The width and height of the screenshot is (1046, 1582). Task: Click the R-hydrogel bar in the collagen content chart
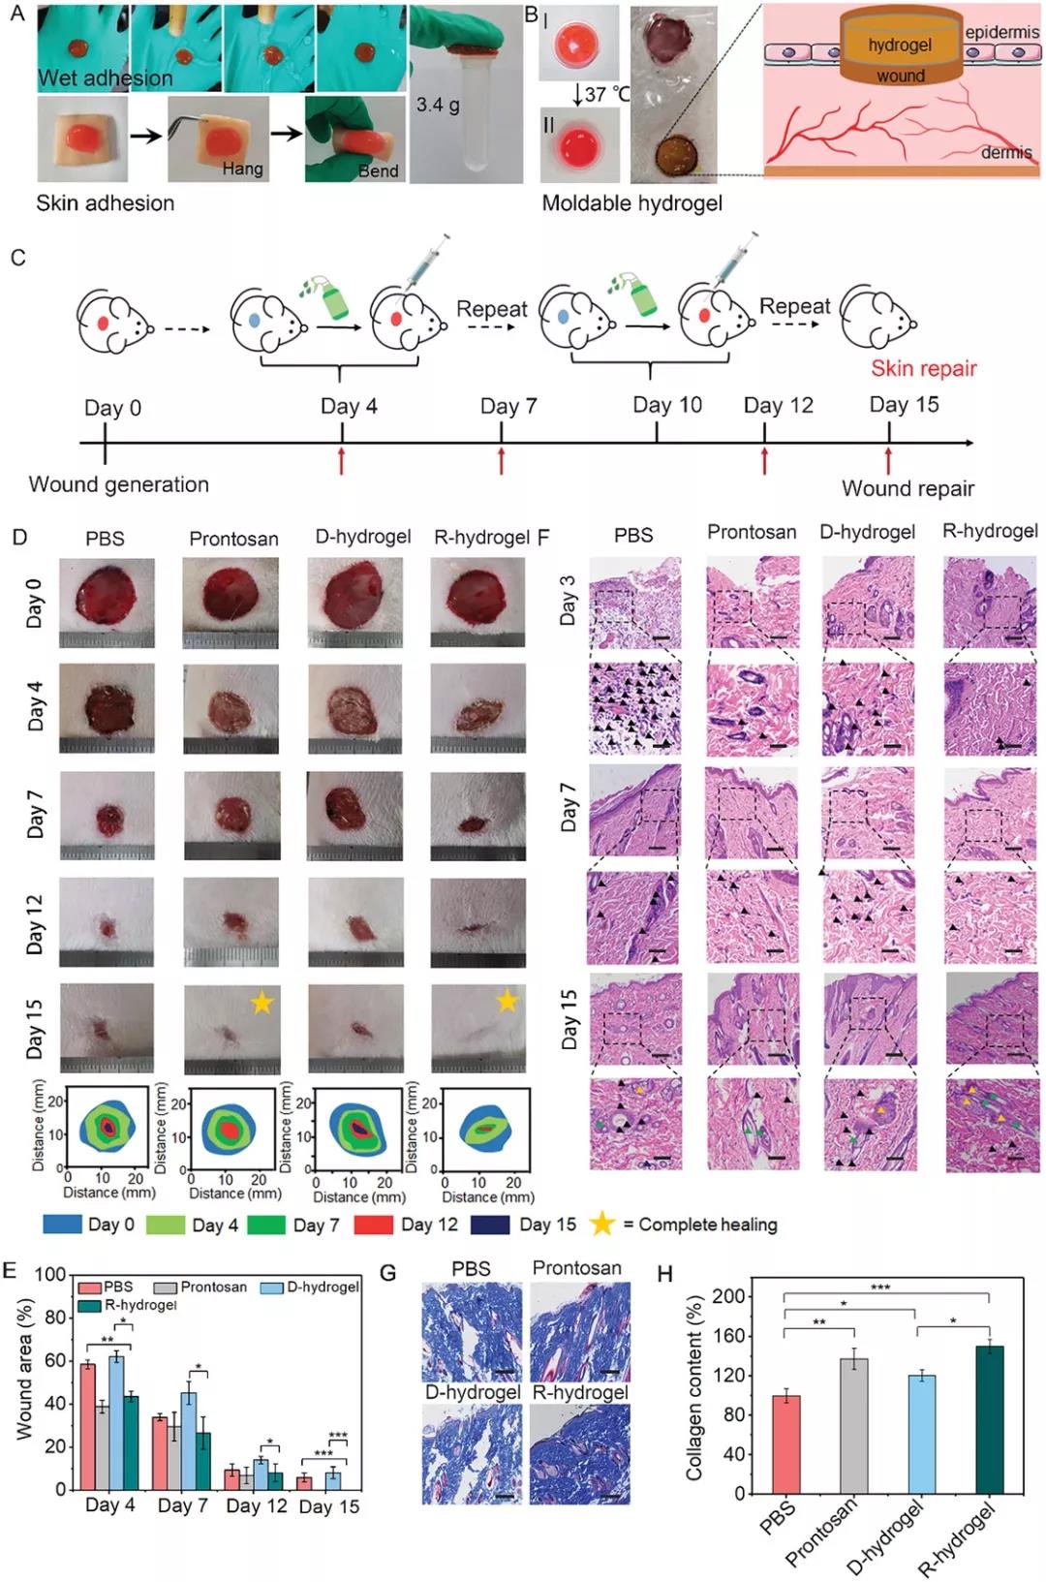989,1419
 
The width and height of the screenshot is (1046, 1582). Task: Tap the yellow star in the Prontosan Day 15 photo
261,1003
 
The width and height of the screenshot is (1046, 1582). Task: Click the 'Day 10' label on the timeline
667,404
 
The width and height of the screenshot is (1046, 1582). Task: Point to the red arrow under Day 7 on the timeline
501,460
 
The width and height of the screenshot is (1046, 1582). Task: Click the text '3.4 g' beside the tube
438,104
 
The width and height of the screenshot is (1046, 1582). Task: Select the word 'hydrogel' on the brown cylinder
900,45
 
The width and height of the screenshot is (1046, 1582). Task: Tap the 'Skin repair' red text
923,368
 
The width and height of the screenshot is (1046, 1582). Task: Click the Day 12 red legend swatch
373,1225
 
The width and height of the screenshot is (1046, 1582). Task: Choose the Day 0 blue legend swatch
61,1225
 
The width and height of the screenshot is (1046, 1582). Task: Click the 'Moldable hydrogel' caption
631,203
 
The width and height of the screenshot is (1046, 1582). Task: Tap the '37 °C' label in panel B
607,94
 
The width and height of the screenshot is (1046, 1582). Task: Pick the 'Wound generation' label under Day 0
118,484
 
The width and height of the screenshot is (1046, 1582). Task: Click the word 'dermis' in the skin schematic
1006,152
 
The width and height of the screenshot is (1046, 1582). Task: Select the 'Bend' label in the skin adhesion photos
378,171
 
